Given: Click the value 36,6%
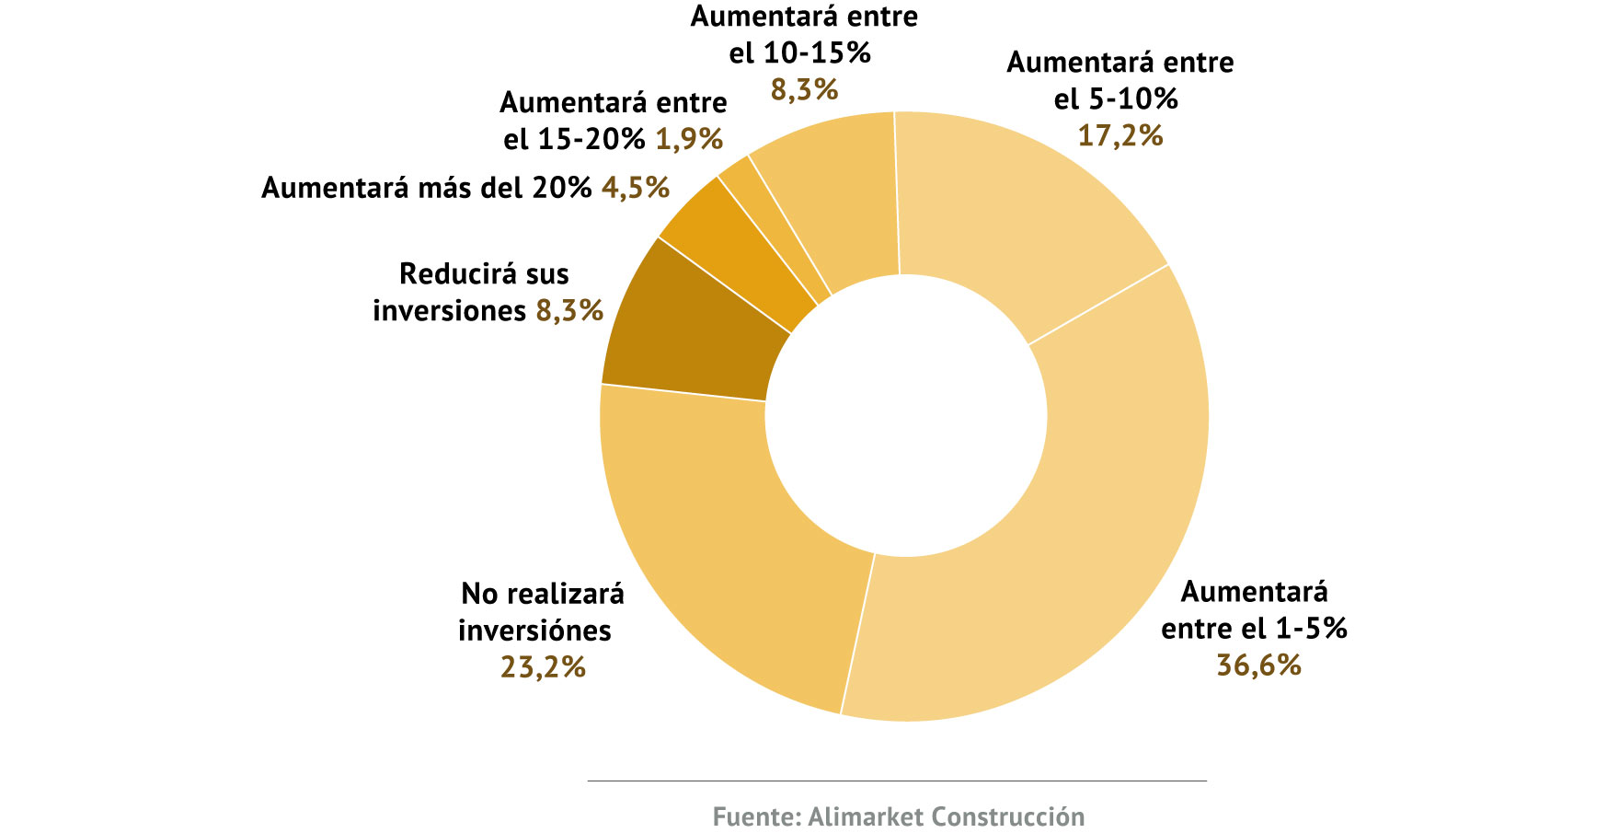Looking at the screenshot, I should [x=1258, y=665].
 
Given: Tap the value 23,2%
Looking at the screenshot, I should [x=543, y=667].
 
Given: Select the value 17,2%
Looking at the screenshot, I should [x=1120, y=136].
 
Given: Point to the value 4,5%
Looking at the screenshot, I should [x=635, y=188].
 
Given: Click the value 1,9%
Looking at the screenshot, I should [x=689, y=139].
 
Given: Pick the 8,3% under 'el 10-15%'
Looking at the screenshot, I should [x=804, y=90].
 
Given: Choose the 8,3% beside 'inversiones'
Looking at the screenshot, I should [x=569, y=311].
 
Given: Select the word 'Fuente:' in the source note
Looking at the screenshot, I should [x=756, y=816].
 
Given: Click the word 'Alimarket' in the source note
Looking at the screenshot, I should [x=866, y=816].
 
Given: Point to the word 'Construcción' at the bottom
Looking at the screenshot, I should [x=1008, y=816].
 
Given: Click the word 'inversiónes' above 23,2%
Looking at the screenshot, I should [x=534, y=631].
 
